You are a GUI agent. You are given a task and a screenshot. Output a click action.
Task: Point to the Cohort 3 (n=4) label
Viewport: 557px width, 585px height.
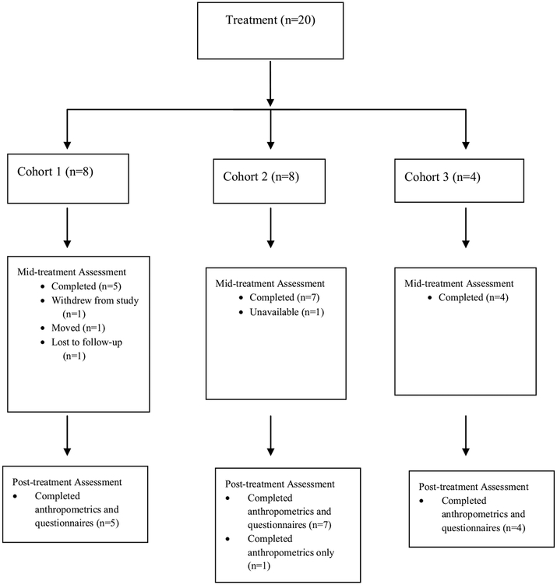pos(444,175)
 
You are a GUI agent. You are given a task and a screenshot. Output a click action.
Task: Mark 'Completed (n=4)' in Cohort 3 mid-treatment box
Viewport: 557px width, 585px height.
pos(474,297)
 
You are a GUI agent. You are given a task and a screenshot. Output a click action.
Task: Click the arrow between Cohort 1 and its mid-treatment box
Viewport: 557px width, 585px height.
pos(68,225)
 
